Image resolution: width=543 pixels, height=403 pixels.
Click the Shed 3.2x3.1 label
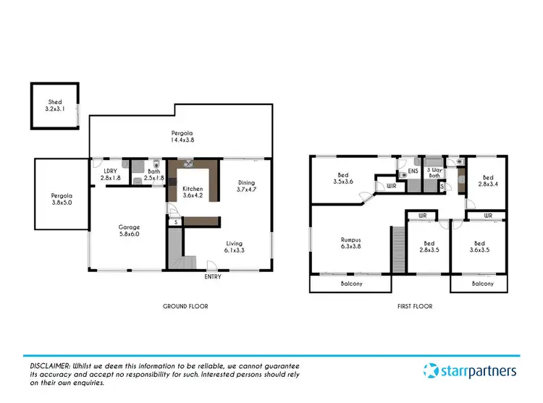point(55,106)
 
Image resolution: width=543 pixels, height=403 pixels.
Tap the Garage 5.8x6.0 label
point(130,232)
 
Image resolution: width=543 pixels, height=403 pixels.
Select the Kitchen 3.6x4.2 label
point(193,192)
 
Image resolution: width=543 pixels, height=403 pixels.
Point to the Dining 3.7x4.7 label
point(248,186)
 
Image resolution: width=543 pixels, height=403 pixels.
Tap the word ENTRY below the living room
point(213,277)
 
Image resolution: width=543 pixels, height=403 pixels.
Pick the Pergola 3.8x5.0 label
point(62,200)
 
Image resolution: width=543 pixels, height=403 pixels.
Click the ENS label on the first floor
point(413,171)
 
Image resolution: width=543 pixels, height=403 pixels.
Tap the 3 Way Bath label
point(434,171)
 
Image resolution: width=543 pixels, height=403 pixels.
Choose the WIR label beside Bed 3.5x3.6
point(392,186)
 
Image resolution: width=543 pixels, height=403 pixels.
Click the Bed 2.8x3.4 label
point(488,181)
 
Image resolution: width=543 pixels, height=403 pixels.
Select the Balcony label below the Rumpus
point(351,284)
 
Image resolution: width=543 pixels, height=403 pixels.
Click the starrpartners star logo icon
point(430,372)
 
